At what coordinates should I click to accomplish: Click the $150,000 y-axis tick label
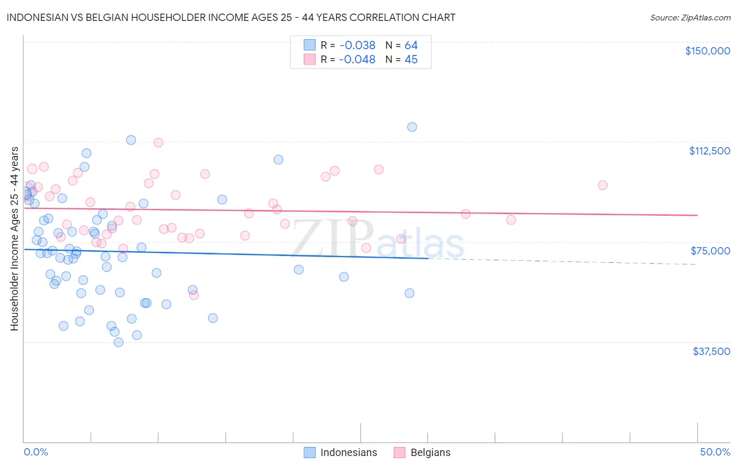pyautogui.click(x=707, y=51)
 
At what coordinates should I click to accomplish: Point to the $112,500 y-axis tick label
pyautogui.click(x=709, y=151)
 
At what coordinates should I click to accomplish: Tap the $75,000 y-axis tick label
pyautogui.click(x=710, y=251)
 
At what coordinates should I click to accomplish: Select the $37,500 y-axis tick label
pyautogui.click(x=711, y=351)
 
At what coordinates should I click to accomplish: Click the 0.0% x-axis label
pyautogui.click(x=36, y=452)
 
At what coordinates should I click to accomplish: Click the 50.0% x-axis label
pyautogui.click(x=714, y=452)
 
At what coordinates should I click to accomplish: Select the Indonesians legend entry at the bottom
pyautogui.click(x=341, y=452)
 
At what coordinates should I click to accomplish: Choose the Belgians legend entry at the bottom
pyautogui.click(x=422, y=452)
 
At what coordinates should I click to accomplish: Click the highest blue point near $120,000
pyautogui.click(x=412, y=127)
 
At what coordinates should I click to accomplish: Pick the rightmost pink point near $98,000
pyautogui.click(x=603, y=185)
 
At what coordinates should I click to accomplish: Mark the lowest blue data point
pyautogui.click(x=118, y=342)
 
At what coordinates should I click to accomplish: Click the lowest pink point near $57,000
pyautogui.click(x=193, y=295)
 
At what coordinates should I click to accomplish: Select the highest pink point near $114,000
pyautogui.click(x=158, y=142)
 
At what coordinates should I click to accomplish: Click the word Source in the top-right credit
pyautogui.click(x=663, y=18)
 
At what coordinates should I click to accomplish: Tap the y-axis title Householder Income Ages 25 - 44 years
pyautogui.click(x=14, y=239)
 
